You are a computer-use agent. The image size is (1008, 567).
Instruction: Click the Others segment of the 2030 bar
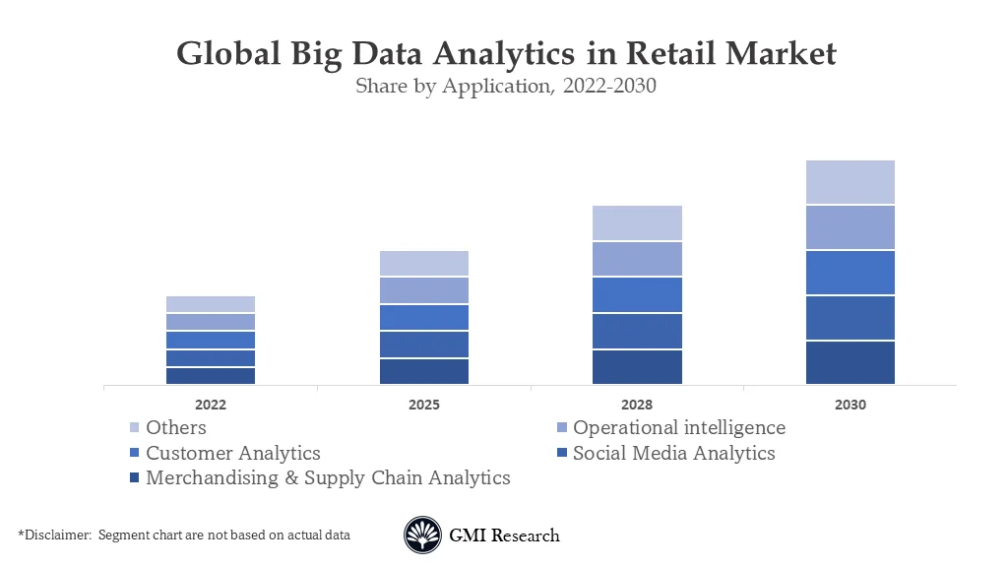click(x=850, y=182)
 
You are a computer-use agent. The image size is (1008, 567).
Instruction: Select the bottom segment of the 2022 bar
click(x=211, y=375)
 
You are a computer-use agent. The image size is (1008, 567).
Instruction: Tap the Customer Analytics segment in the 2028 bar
click(x=637, y=294)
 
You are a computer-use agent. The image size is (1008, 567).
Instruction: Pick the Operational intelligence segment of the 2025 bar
click(x=424, y=290)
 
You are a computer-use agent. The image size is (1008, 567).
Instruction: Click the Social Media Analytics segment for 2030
click(x=850, y=317)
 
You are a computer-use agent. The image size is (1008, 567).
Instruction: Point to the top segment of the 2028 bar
click(x=637, y=223)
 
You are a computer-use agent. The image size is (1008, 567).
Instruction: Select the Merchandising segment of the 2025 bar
click(x=424, y=371)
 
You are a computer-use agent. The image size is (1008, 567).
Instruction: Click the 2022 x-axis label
click(x=211, y=405)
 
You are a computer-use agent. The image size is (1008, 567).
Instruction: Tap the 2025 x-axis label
click(x=424, y=405)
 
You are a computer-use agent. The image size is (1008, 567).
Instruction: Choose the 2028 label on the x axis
click(x=637, y=405)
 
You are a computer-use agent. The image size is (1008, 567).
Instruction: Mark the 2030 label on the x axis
click(x=850, y=405)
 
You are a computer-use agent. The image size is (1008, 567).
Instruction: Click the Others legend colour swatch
click(x=135, y=428)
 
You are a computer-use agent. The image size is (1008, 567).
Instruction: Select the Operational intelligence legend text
click(x=679, y=428)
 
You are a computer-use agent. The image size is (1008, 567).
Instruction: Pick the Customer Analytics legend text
click(x=233, y=454)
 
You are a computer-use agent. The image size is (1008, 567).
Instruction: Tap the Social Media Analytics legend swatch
click(x=561, y=454)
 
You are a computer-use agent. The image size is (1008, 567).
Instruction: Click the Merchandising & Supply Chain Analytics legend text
click(x=328, y=478)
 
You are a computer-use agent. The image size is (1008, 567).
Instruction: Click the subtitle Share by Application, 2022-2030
click(x=505, y=86)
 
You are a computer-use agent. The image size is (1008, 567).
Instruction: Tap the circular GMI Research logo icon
click(x=423, y=535)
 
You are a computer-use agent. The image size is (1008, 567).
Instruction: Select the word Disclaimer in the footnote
click(x=56, y=535)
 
